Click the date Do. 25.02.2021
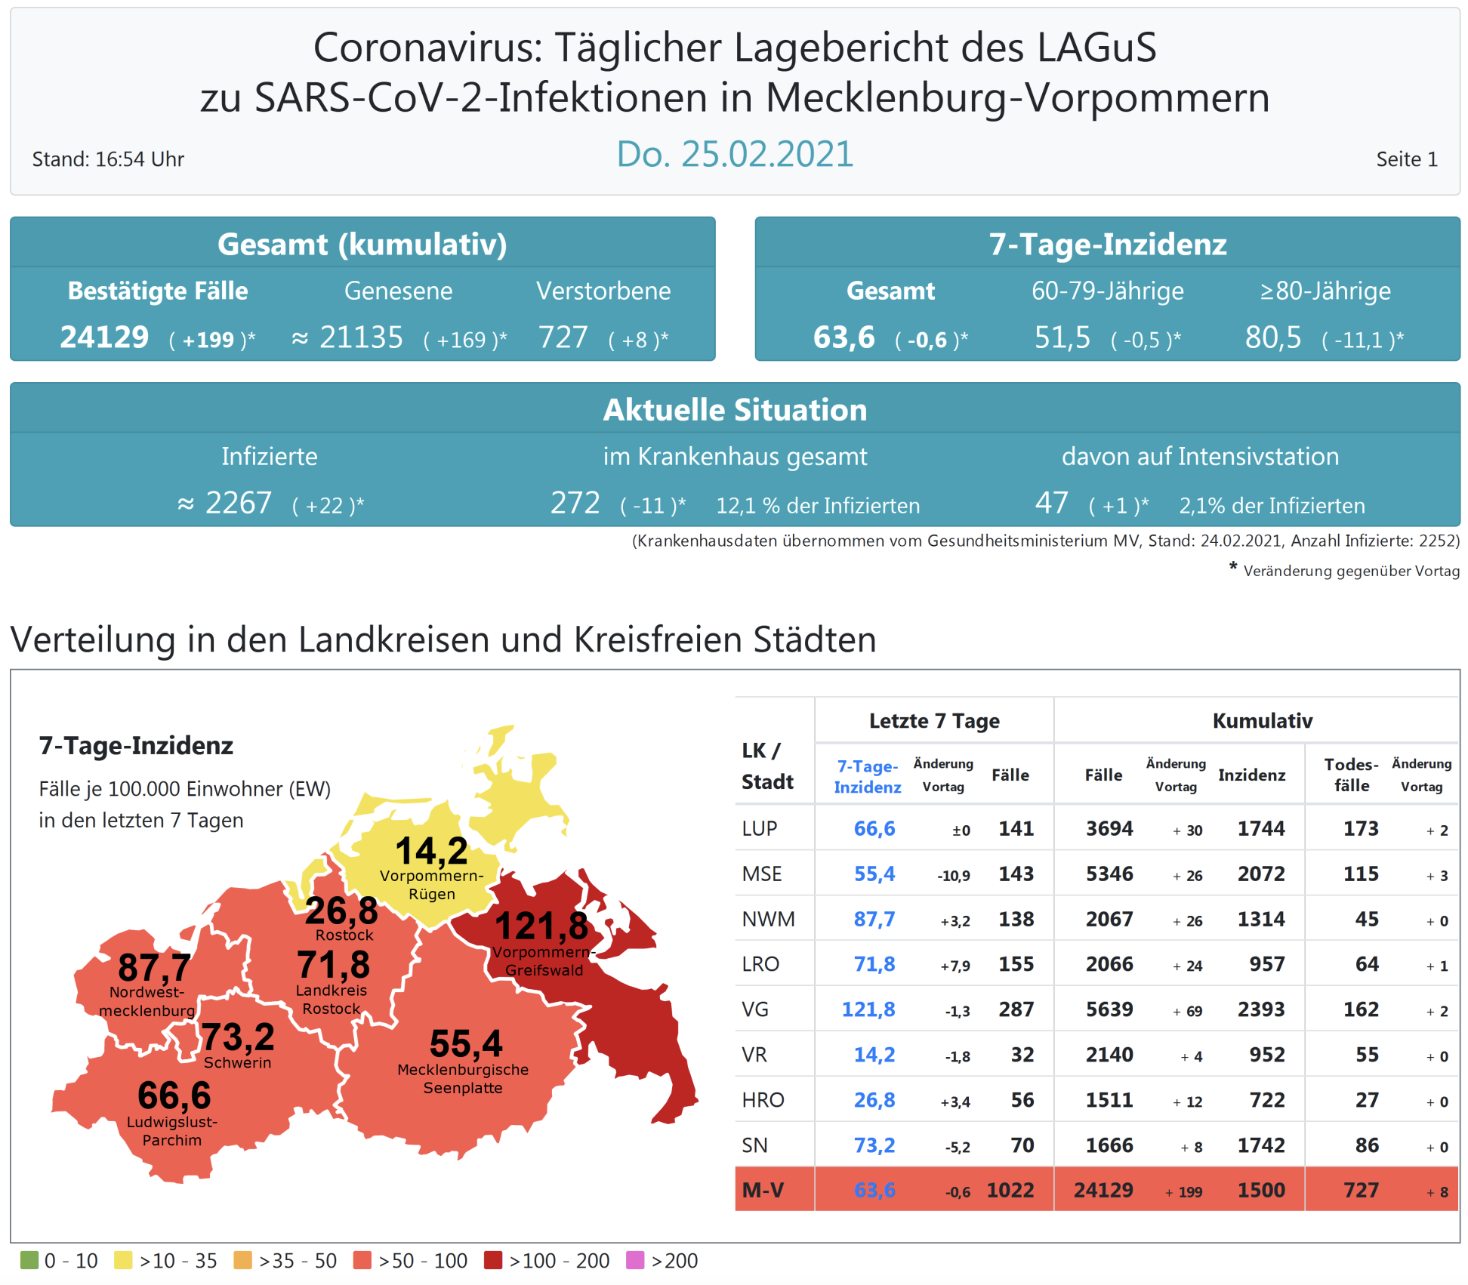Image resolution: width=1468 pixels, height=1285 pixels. (734, 155)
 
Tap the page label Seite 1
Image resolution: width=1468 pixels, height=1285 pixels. (1406, 159)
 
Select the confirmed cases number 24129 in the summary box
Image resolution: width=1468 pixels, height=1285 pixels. (104, 337)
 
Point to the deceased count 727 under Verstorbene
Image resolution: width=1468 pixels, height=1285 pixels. (563, 337)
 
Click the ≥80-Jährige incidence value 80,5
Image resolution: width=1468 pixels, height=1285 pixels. (1272, 337)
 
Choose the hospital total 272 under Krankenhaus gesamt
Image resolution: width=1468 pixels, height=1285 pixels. (575, 503)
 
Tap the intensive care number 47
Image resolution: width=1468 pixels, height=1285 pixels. (1051, 503)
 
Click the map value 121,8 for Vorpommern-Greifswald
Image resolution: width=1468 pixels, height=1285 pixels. (541, 926)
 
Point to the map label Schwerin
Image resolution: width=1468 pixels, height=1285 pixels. (237, 1062)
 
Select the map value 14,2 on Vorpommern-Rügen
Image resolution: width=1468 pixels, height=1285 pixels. (431, 851)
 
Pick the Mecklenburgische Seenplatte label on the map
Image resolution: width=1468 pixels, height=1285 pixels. (463, 1079)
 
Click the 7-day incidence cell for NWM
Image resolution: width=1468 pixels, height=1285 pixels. (874, 919)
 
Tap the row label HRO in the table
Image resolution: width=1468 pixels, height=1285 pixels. (763, 1100)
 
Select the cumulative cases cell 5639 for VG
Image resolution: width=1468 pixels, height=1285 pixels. (1109, 1009)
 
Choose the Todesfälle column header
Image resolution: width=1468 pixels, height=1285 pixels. (1351, 775)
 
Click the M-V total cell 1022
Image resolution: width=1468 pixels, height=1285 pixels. (1010, 1190)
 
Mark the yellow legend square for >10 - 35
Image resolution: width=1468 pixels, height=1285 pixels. (123, 1260)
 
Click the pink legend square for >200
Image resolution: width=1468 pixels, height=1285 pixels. (635, 1260)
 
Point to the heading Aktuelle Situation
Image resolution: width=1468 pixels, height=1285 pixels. (734, 410)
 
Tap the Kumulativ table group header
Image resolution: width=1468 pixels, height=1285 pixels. (1262, 720)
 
